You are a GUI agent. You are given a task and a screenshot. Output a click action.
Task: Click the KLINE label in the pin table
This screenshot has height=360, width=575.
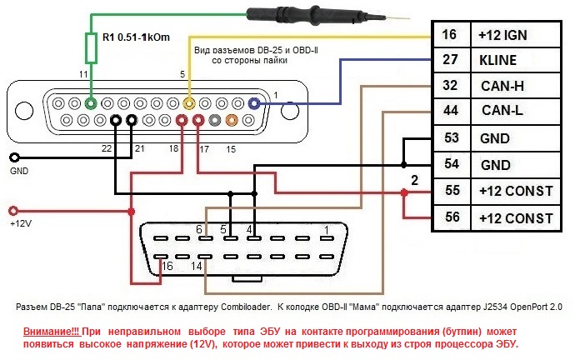point(498,60)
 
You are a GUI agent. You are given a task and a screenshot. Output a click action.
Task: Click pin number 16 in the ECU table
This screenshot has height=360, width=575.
point(451,35)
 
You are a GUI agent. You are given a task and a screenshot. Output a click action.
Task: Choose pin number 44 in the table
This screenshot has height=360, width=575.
point(451,112)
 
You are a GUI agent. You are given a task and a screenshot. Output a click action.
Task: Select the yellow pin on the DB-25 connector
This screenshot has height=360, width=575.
point(190,104)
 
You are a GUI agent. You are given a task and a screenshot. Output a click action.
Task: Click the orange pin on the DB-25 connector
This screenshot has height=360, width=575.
point(232,121)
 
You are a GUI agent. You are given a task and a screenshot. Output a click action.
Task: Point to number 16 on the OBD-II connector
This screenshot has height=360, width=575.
point(167,266)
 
